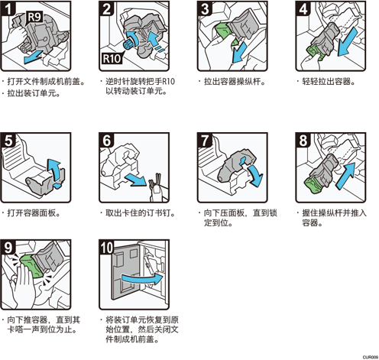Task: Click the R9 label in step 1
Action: [x=34, y=17]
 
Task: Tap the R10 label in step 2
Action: [x=112, y=58]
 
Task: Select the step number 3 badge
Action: [x=205, y=8]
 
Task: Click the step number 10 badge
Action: [x=106, y=247]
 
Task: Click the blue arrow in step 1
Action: [x=34, y=57]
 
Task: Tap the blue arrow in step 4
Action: [x=347, y=42]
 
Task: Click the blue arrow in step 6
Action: [x=135, y=180]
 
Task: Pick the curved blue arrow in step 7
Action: [x=256, y=175]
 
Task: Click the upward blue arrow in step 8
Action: [x=346, y=176]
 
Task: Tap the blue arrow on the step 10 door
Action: [x=142, y=279]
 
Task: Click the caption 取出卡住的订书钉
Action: [x=140, y=213]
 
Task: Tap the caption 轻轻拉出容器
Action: [x=329, y=82]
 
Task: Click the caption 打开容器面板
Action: [x=34, y=213]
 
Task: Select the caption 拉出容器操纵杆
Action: [x=235, y=82]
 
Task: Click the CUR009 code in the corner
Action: [x=371, y=357]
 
